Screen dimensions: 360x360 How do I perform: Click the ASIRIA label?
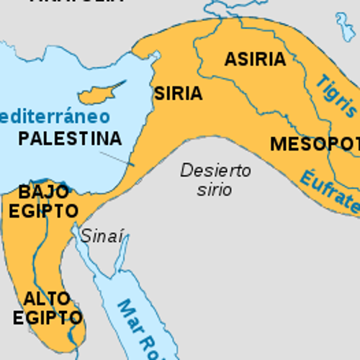(x=255, y=60)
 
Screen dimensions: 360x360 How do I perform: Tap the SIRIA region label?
(x=178, y=94)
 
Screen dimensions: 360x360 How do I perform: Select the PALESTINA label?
(x=70, y=139)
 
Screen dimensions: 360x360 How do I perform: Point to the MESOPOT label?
(x=315, y=144)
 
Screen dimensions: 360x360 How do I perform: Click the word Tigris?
(x=337, y=96)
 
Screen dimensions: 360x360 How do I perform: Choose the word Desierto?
(x=215, y=171)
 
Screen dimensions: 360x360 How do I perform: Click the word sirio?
(x=215, y=190)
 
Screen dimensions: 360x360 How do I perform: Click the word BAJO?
(x=44, y=192)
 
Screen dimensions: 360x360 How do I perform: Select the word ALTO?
(x=47, y=298)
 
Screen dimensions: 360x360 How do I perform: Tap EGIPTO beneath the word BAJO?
(x=43, y=212)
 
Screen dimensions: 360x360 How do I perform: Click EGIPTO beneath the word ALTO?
(x=47, y=318)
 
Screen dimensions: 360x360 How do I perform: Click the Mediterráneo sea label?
(x=54, y=116)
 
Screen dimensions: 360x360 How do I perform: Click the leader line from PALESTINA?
(x=115, y=158)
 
